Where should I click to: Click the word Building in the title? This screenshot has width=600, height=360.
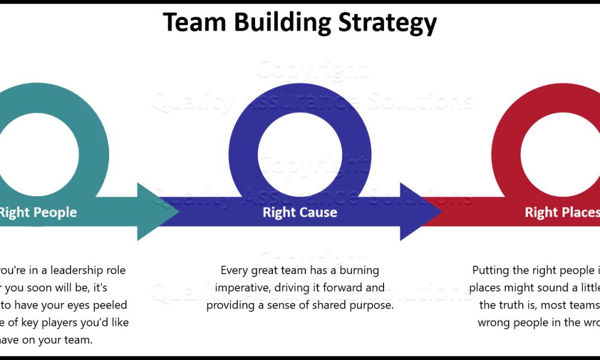pos(281,23)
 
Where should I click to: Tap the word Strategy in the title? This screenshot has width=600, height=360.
pos(388,23)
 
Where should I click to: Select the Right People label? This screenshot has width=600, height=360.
pos(37,212)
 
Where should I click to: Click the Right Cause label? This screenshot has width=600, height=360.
pos(299,212)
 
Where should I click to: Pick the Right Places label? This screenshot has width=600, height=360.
pos(562,212)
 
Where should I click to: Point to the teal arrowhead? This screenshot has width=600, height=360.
pos(157,212)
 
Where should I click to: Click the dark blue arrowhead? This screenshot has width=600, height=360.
pos(420,212)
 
